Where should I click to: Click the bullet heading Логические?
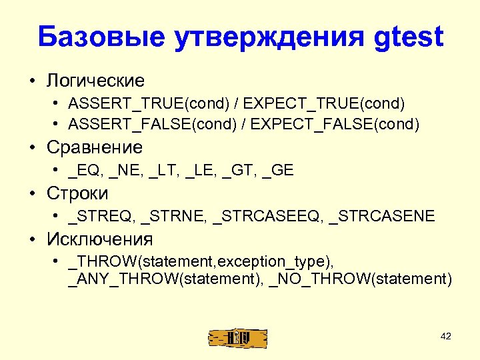point(95,81)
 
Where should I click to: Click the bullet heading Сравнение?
point(95,147)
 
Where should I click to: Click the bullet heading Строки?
point(77,193)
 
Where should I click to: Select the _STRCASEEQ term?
point(267,216)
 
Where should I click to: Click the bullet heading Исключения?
point(100,239)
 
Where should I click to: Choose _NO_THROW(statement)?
point(361,278)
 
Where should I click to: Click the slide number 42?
point(446,337)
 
